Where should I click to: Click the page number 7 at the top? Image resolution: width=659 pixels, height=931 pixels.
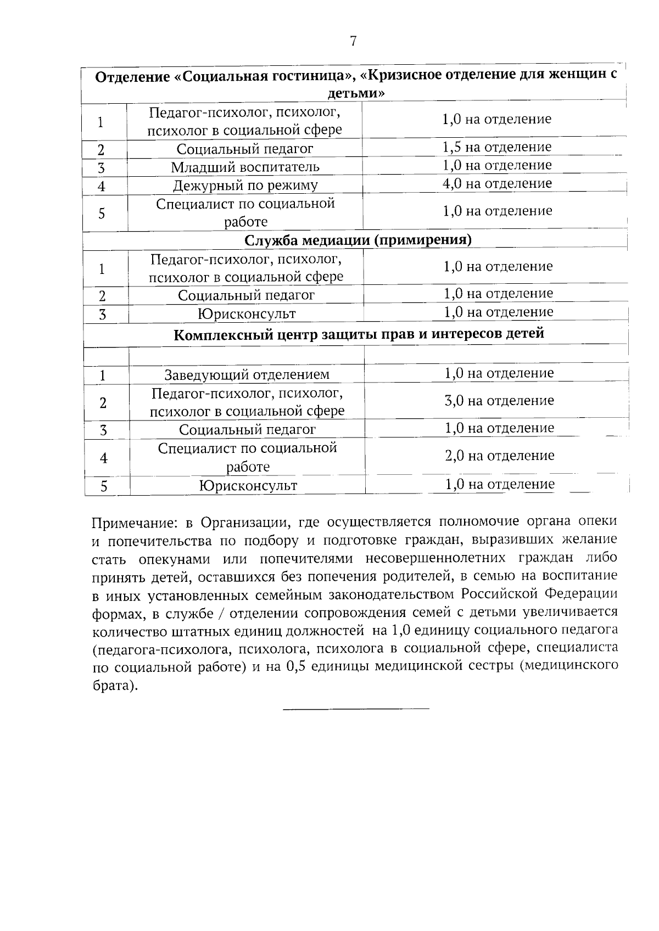(353, 41)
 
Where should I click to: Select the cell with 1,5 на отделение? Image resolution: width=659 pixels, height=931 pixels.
(496, 147)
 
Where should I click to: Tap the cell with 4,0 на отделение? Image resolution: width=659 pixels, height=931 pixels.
(496, 183)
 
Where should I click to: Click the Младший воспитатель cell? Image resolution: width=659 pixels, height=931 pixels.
(245, 167)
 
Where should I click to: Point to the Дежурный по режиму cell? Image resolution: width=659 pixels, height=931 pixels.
(245, 186)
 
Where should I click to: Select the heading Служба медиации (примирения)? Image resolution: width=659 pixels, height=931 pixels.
(358, 240)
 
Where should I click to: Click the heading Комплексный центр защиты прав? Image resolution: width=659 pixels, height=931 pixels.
(359, 334)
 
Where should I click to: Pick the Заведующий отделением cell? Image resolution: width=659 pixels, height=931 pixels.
(247, 375)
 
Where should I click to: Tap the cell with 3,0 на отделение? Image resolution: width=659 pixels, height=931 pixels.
(499, 401)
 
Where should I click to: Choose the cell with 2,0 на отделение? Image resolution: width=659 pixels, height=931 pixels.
(499, 456)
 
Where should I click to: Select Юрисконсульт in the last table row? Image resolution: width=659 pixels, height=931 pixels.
(248, 486)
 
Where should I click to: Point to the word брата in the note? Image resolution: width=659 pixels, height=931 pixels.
(111, 686)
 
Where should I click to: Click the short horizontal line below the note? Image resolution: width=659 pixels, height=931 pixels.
(356, 709)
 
